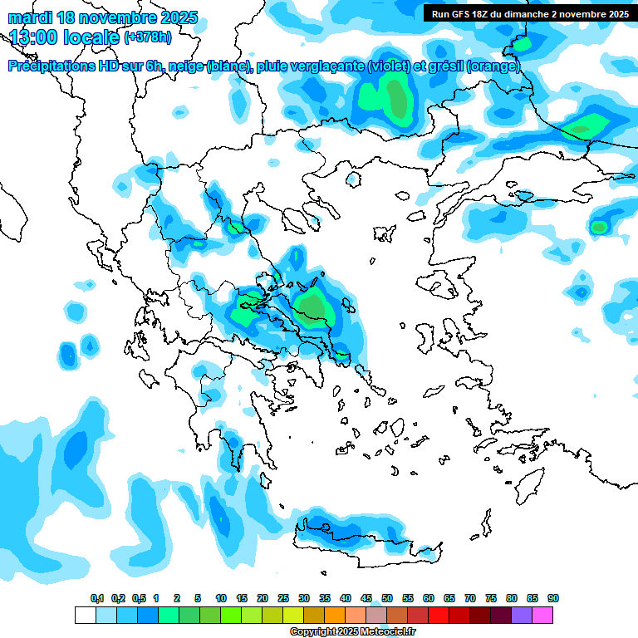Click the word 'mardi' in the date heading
pos(30,17)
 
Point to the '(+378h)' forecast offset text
pos(149,37)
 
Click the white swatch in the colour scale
pos(85,615)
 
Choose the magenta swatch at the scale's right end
pos(543,615)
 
